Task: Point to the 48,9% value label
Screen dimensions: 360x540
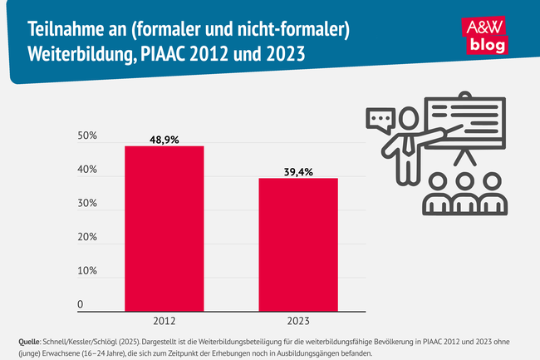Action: (164, 138)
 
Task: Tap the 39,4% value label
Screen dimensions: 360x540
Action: (297, 170)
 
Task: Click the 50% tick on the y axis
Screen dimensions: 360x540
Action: (86, 136)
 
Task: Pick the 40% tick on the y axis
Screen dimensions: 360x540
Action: (86, 170)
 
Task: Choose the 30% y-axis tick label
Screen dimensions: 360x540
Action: (86, 205)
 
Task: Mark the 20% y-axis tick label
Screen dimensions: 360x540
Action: (86, 238)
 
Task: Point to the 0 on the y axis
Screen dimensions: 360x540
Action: (81, 305)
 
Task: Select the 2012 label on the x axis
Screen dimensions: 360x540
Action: (164, 320)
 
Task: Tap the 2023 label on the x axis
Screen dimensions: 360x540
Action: (297, 320)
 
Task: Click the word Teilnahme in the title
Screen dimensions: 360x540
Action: (61, 31)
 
